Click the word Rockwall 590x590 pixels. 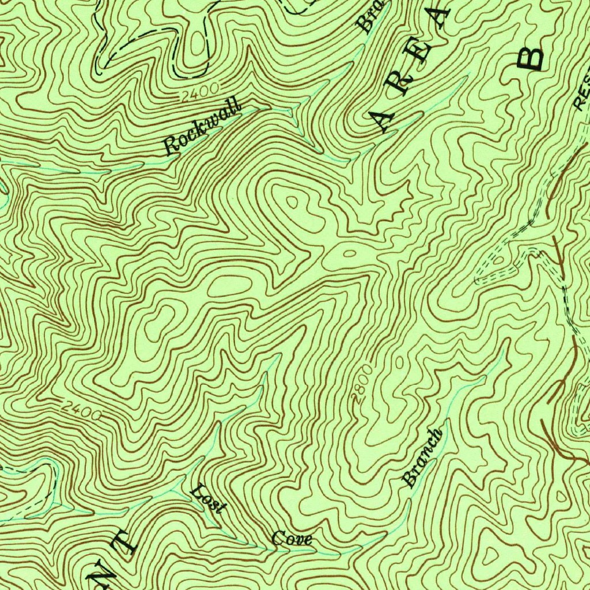201,128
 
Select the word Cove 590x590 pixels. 292,539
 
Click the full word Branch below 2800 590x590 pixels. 423,457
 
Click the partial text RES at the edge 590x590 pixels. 582,92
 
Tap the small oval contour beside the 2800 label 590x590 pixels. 401,362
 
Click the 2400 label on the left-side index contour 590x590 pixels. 81,410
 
